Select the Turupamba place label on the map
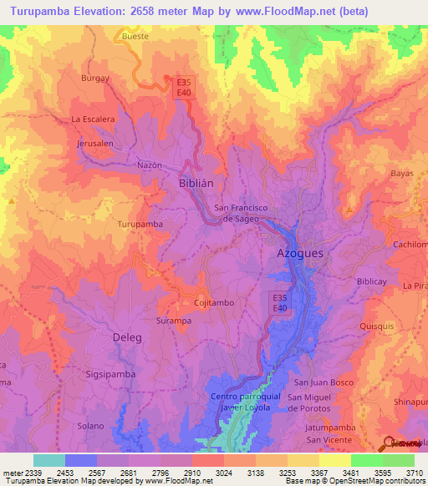click(140, 225)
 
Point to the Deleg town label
click(127, 337)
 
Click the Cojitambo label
click(213, 303)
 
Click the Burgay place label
click(95, 78)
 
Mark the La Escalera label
click(93, 119)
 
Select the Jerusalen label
click(95, 144)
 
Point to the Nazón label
click(149, 165)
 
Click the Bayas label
click(402, 174)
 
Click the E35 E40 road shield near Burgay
click(183, 88)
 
